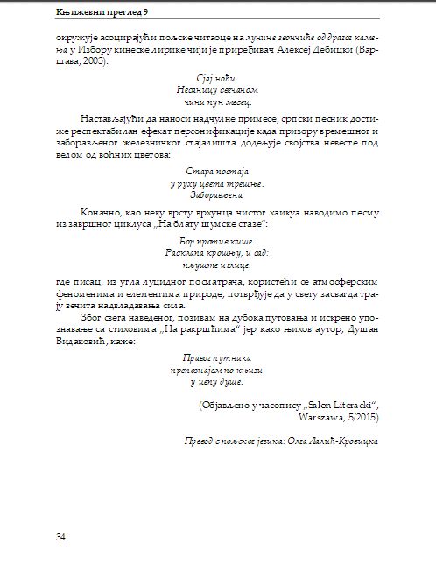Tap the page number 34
(x=60, y=536)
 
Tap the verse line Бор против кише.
(x=218, y=238)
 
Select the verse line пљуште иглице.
(x=218, y=263)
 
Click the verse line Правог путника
(x=218, y=357)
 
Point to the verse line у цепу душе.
(x=218, y=382)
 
